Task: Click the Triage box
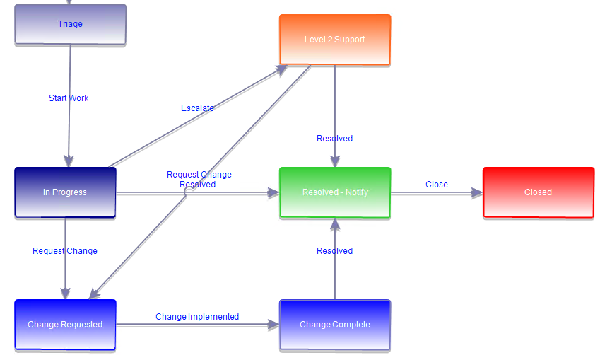[x=70, y=25]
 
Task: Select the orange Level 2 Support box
[x=334, y=40]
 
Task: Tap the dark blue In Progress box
[x=65, y=192]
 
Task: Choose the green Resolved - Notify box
[x=334, y=192]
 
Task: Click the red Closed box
[x=538, y=192]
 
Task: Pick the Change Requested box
[x=65, y=325]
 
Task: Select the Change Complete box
[x=334, y=325]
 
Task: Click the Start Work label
[x=69, y=98]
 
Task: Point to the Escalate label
[x=197, y=108]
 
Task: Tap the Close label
[x=436, y=185]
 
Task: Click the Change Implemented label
[x=197, y=317]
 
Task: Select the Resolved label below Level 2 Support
[x=334, y=139]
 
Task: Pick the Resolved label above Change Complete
[x=334, y=251]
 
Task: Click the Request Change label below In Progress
[x=65, y=251]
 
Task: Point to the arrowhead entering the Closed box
[x=477, y=192]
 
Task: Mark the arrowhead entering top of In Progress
[x=69, y=161]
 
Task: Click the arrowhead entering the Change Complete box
[x=273, y=325]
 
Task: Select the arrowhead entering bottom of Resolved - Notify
[x=335, y=224]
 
